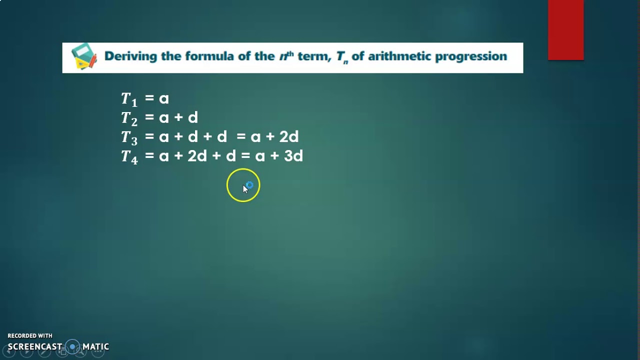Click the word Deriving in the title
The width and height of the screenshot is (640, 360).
130,56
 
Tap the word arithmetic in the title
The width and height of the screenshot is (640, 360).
399,56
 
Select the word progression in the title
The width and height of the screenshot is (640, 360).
471,56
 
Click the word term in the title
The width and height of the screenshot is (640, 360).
314,56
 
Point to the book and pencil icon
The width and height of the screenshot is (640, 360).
83,56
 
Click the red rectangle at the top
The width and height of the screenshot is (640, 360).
565,30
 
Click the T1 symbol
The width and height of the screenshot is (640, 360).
129,99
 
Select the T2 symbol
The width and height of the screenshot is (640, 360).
129,118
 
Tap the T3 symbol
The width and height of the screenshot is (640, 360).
129,137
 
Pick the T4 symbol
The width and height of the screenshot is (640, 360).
129,156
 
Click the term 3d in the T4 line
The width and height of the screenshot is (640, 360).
293,156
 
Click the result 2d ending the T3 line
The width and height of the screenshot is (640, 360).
289,136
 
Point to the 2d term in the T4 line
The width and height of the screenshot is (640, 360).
197,156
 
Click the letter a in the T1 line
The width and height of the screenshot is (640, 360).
164,98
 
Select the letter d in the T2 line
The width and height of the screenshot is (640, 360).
193,117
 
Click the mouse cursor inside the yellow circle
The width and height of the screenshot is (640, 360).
245,188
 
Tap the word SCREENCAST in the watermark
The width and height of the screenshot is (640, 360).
35,346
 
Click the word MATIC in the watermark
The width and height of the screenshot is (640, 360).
95,346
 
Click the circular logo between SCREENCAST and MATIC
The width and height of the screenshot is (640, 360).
73,346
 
